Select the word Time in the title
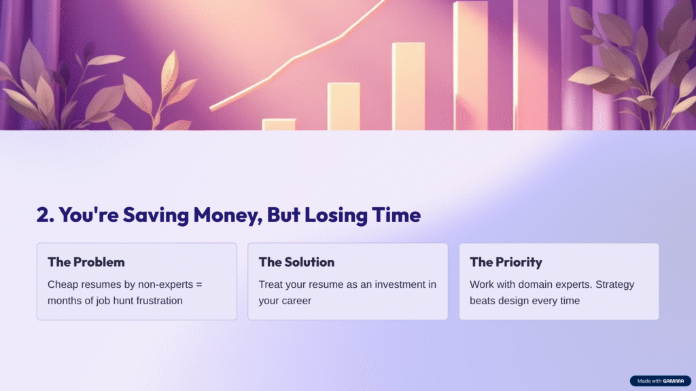(396, 215)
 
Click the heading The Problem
(86, 262)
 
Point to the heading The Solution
(296, 262)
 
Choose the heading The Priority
(506, 263)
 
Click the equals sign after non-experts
(199, 284)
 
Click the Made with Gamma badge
(661, 381)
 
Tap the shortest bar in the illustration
(279, 125)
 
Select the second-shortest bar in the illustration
(343, 107)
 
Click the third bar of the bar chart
(408, 86)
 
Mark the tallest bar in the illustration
(470, 66)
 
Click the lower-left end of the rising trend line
(211, 108)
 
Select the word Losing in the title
(336, 215)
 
